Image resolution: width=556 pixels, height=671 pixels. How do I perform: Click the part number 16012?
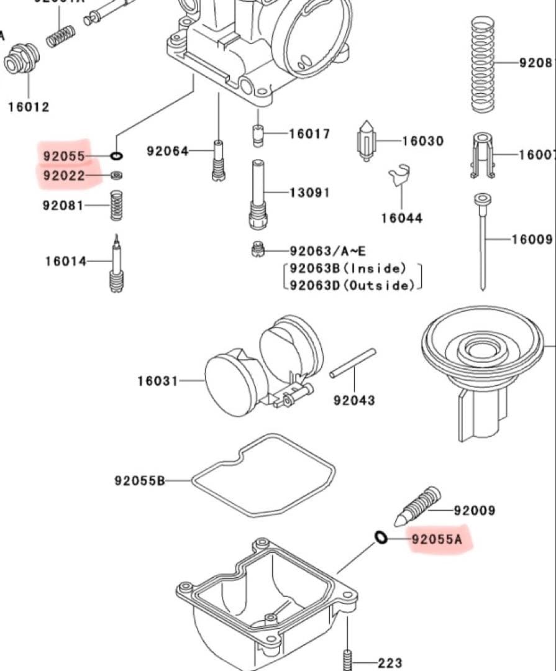[x=28, y=107]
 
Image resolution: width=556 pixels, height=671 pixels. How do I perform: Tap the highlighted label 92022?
[x=64, y=176]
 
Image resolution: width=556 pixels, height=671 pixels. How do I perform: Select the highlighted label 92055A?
[x=437, y=539]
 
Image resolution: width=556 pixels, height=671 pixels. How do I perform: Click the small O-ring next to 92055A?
[x=381, y=537]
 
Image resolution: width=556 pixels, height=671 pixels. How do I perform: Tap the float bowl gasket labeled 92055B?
[x=263, y=475]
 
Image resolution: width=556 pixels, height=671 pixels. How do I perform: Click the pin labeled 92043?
[x=353, y=363]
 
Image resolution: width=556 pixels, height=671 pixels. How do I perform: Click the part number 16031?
[x=158, y=380]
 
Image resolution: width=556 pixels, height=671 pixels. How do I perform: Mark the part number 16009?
[x=532, y=239]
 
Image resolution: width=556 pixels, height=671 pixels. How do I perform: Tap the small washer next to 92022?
[x=116, y=176]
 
